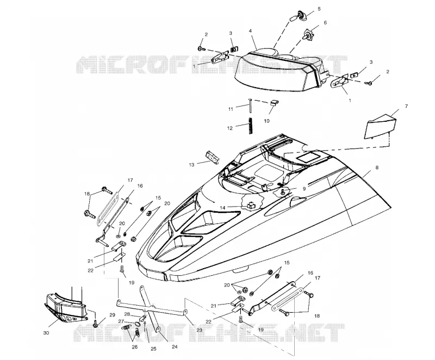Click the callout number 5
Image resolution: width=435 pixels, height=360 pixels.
click(319, 9)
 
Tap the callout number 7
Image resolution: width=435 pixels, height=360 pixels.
click(406, 106)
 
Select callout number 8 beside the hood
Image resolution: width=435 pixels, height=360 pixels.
click(377, 167)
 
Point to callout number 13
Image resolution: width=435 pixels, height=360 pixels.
click(192, 165)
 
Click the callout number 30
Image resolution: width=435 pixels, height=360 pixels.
click(46, 333)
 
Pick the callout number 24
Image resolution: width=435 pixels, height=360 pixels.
click(175, 347)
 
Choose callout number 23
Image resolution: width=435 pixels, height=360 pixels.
click(199, 330)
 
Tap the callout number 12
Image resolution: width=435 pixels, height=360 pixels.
click(229, 128)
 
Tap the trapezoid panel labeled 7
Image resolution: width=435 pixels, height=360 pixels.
click(380, 126)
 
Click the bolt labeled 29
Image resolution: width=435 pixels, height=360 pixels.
click(96, 323)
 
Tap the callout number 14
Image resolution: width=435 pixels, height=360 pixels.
click(223, 208)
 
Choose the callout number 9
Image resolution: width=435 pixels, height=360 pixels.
click(304, 189)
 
